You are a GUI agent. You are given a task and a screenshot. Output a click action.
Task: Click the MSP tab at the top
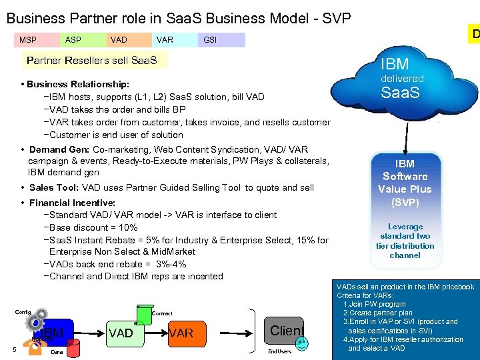tap(28, 40)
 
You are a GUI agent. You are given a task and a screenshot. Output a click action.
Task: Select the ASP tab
tap(73, 40)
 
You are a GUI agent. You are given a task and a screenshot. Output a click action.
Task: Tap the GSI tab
tap(210, 40)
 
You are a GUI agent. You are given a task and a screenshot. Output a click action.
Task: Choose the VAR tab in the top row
tap(165, 40)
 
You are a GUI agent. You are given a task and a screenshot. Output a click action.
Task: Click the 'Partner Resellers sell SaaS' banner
tap(92, 61)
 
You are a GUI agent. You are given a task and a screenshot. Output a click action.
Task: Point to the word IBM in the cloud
tap(395, 64)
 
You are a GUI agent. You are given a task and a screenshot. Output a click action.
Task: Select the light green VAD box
tap(121, 333)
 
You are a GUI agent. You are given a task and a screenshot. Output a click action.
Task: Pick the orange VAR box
tap(180, 333)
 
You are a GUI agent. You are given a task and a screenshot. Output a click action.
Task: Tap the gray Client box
tap(286, 330)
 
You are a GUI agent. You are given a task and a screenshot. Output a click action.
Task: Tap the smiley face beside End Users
tap(301, 343)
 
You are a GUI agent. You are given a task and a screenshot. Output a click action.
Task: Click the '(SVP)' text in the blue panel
tap(405, 201)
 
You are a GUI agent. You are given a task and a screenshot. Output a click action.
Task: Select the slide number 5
tap(14, 346)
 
